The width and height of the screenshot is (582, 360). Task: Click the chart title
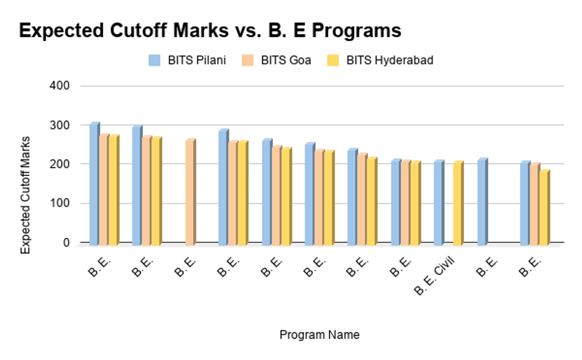[210, 31]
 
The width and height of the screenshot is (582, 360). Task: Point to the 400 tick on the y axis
[60, 86]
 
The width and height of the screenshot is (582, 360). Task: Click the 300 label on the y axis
[60, 125]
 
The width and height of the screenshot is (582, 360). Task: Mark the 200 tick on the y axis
[60, 164]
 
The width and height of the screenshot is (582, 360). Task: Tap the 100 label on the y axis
[60, 204]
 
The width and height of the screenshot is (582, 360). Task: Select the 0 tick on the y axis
[66, 243]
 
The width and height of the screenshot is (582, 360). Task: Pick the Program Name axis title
[320, 335]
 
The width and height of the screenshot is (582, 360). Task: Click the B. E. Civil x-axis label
[435, 277]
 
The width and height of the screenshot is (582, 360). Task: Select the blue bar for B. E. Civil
[438, 203]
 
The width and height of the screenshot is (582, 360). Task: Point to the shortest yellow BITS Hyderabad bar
[544, 208]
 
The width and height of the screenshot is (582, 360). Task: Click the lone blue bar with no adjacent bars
[482, 202]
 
